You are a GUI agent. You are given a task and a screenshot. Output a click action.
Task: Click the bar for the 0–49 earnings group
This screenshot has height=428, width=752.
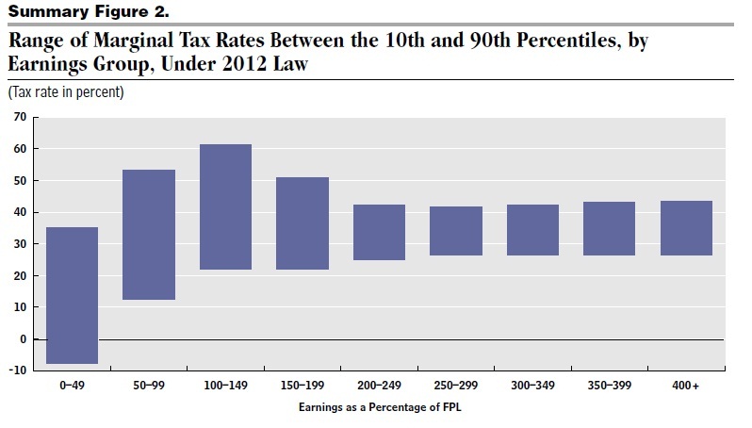point(72,295)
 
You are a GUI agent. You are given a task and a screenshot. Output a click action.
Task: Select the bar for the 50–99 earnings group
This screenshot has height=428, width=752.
point(149,235)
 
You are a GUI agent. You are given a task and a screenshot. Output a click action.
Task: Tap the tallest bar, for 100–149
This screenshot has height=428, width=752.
point(225,206)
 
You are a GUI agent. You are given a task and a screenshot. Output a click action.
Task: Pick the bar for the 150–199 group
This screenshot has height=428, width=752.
point(302,223)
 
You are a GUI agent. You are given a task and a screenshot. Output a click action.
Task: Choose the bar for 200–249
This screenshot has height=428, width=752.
point(379,232)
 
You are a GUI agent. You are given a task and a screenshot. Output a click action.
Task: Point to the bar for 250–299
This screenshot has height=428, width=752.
point(456,231)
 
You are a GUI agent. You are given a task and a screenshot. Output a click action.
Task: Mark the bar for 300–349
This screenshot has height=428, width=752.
point(532,230)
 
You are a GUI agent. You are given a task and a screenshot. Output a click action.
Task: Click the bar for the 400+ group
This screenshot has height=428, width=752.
point(686,228)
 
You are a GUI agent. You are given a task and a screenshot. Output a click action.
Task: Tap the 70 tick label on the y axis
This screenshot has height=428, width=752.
point(18,117)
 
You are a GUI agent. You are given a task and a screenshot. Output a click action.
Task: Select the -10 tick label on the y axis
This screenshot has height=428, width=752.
point(16,370)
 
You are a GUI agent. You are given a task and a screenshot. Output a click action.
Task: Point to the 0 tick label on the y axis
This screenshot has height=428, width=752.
point(22,339)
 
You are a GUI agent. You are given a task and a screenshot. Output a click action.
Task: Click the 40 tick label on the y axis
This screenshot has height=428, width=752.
point(18,212)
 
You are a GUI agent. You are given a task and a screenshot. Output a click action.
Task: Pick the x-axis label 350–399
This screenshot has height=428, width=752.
point(609,387)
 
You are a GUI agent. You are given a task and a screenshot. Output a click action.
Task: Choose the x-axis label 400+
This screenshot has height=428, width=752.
point(686,387)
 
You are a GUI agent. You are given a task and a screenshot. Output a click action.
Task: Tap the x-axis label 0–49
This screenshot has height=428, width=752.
point(72,387)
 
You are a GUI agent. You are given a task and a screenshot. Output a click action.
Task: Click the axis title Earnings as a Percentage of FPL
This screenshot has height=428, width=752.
point(379,406)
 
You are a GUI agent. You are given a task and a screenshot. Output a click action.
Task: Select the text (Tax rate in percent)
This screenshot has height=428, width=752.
point(66,93)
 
